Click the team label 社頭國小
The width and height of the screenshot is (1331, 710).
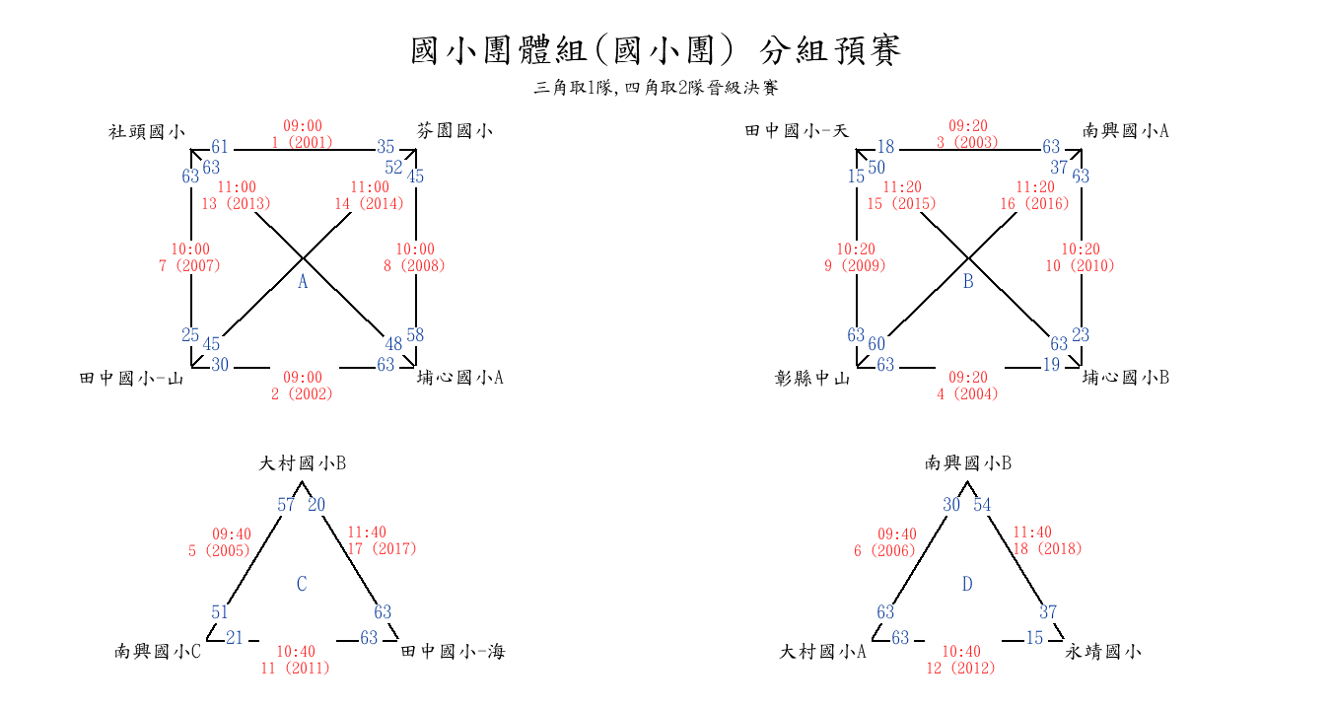tap(147, 131)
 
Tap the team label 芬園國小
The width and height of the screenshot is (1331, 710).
tap(455, 131)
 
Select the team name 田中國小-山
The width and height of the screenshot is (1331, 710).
tap(131, 378)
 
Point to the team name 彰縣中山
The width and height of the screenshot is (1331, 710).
tap(812, 378)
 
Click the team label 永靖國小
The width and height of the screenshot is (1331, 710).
tap(1103, 652)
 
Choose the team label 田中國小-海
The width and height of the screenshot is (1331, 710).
tap(453, 652)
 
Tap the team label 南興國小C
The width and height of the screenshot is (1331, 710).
tap(158, 652)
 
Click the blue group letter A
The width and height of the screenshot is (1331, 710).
tap(303, 283)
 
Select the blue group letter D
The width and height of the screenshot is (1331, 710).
tap(967, 585)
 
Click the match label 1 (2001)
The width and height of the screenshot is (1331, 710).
tap(303, 142)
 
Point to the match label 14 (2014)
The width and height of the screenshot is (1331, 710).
tap(370, 204)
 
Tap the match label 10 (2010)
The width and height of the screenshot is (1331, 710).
tap(1080, 266)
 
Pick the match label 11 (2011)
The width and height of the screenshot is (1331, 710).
tap(296, 668)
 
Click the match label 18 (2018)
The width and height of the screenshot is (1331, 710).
tap(1047, 548)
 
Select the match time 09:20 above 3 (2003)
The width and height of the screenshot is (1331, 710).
tap(968, 126)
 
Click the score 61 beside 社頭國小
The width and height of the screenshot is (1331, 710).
tap(220, 148)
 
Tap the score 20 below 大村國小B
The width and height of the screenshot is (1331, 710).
tap(316, 505)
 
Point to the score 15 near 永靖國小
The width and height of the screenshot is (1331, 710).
tap(1034, 638)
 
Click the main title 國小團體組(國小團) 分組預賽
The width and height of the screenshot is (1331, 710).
tap(656, 51)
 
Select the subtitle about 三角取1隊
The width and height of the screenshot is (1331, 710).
tap(656, 88)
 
